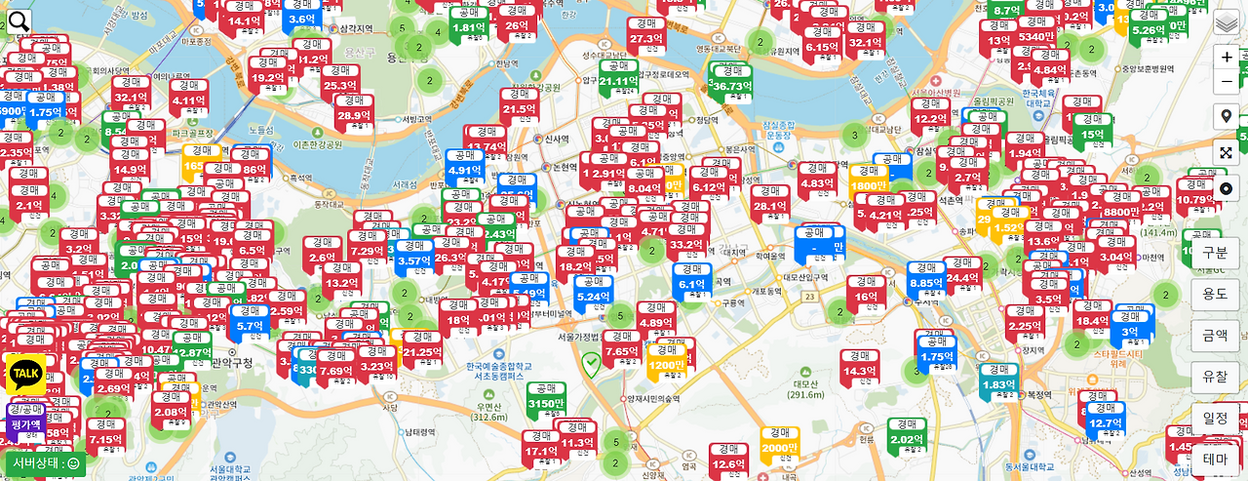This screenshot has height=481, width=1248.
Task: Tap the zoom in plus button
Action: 1227,57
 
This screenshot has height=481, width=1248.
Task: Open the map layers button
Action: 1227,23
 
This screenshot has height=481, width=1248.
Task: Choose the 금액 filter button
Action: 1215,336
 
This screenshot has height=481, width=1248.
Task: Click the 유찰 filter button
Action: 1215,377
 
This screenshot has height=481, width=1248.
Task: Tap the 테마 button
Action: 1215,460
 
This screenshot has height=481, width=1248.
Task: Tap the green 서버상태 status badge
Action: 46,463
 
